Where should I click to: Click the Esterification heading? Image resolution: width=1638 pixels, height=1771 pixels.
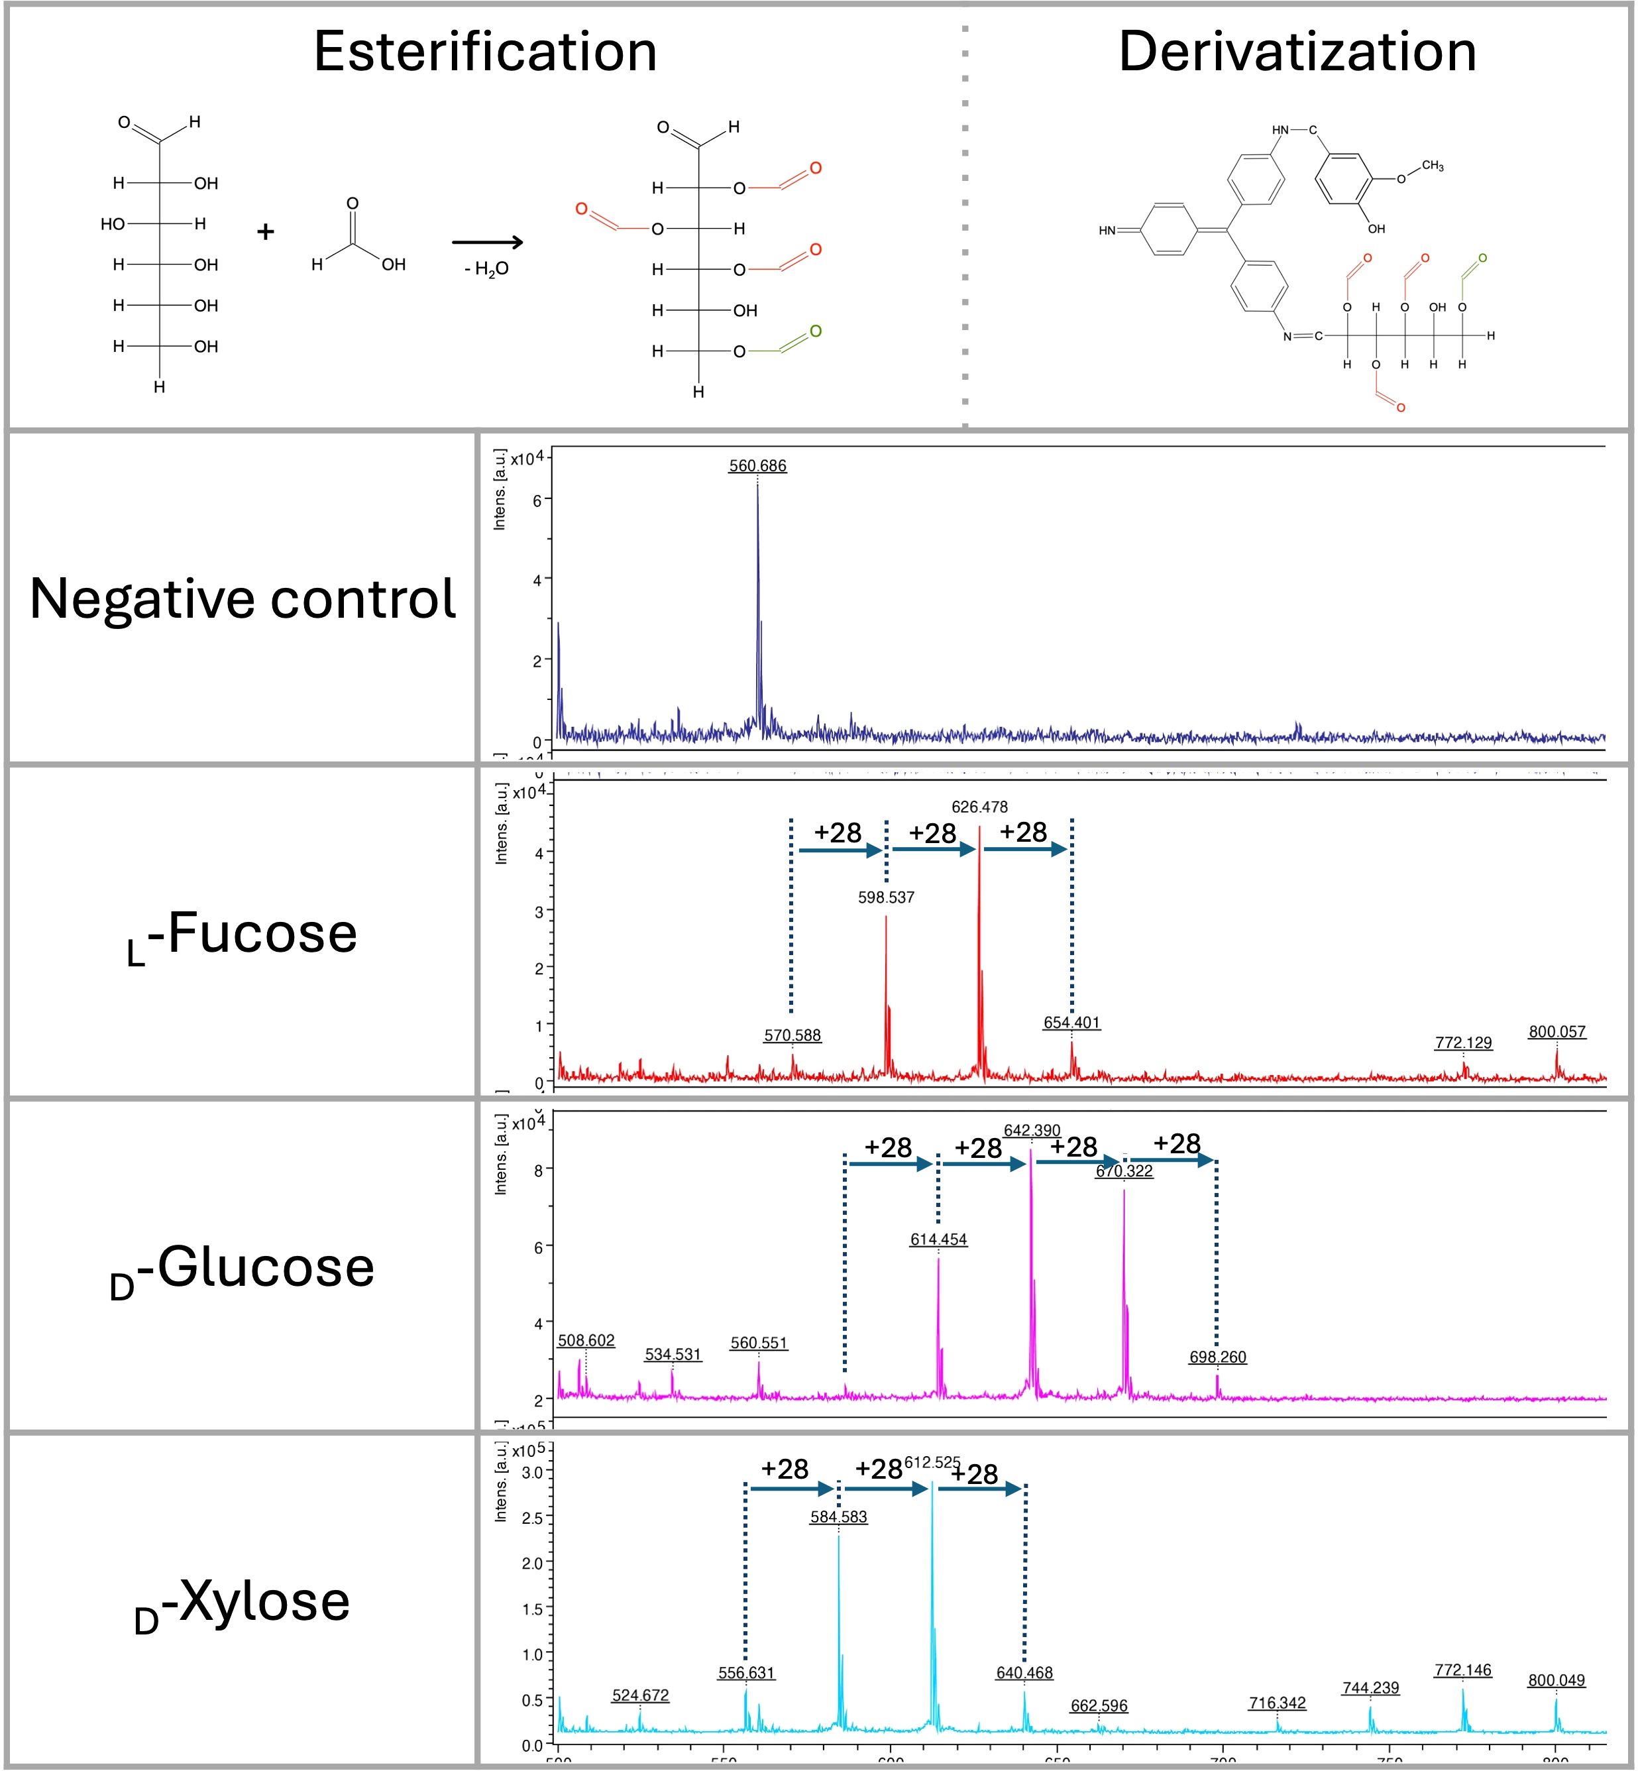click(485, 52)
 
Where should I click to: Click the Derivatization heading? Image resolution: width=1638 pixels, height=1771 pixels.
click(1297, 52)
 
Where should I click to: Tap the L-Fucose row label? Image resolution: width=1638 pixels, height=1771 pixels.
click(242, 936)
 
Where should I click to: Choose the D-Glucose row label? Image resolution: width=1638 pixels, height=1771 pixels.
click(242, 1269)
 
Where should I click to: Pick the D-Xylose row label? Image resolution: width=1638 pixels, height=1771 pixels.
click(242, 1603)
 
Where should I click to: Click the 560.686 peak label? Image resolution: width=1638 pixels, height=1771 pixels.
click(757, 465)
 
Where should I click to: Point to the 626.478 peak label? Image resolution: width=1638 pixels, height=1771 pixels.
click(979, 807)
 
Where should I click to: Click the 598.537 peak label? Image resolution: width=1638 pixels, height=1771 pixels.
click(885, 897)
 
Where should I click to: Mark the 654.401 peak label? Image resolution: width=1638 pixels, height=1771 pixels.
click(1071, 1022)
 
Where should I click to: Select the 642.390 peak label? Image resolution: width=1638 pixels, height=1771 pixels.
click(1031, 1130)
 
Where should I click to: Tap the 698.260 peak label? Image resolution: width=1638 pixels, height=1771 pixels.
click(1217, 1357)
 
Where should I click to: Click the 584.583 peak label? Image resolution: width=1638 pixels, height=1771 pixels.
click(838, 1516)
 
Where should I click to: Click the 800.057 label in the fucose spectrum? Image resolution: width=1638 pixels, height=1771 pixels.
click(1556, 1031)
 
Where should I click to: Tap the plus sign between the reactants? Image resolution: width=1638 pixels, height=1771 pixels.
click(265, 232)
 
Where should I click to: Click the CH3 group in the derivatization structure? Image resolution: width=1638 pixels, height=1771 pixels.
click(1433, 166)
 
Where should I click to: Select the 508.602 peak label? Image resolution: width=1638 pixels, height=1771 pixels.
click(586, 1340)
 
